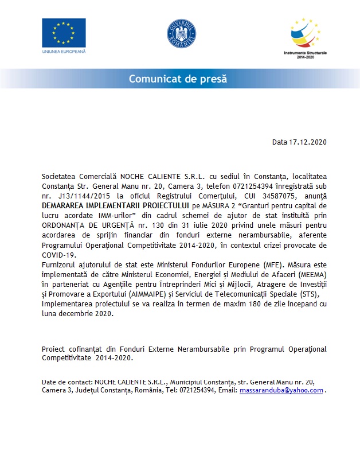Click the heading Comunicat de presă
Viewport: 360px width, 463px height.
point(178,79)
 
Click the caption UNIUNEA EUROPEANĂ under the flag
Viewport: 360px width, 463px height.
point(64,52)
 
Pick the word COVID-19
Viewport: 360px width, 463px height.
point(58,254)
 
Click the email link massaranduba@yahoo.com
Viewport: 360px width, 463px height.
point(281,390)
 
